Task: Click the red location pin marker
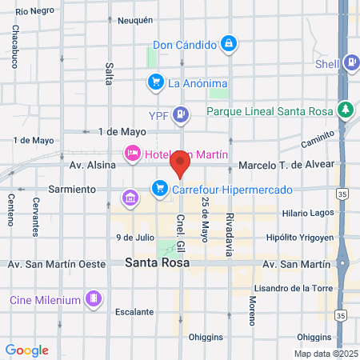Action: pos(180,166)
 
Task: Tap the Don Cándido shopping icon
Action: pos(229,42)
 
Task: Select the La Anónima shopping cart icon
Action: pos(155,82)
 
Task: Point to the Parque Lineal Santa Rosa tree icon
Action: pos(345,109)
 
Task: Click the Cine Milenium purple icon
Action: pos(94,300)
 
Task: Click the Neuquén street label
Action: pos(134,21)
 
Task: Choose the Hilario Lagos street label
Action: pos(307,214)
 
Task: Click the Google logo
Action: pos(26,350)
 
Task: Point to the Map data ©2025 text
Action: pos(325,353)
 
